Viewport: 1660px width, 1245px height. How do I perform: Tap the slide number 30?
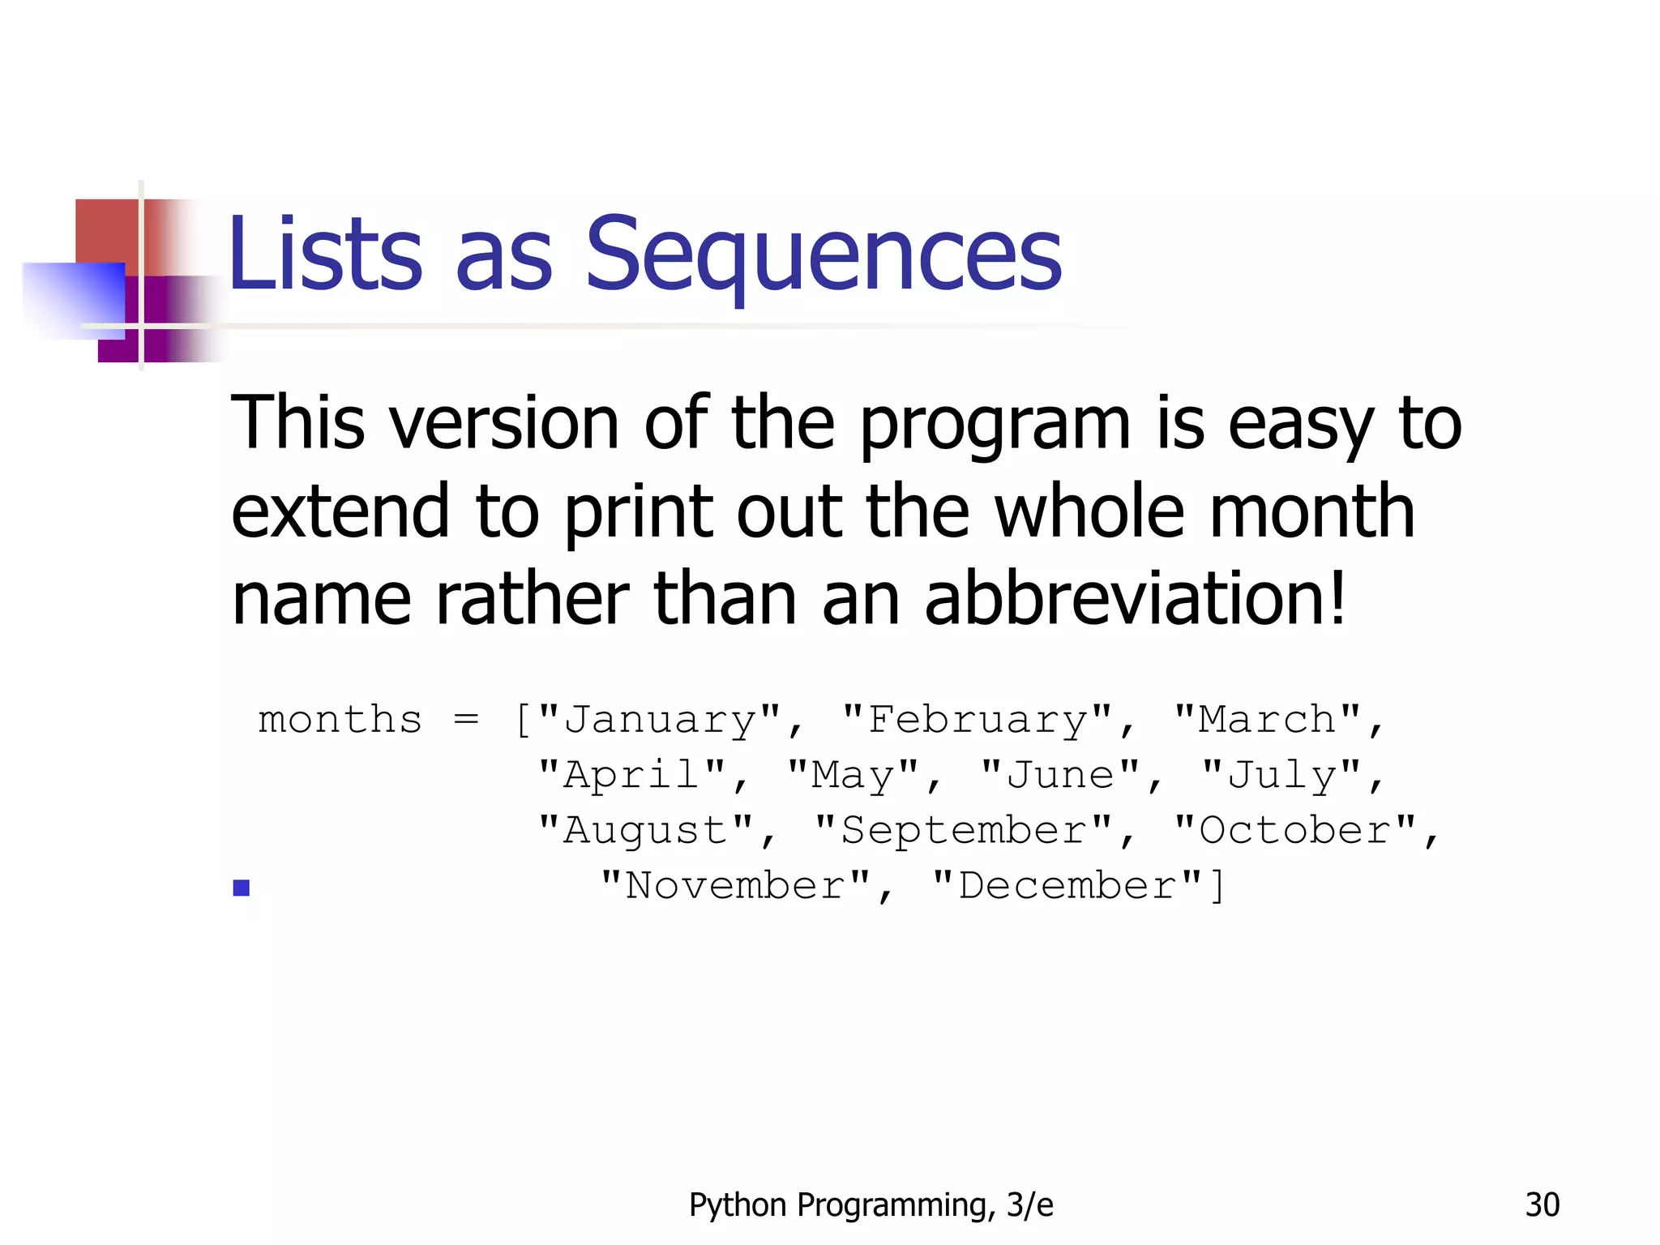pyautogui.click(x=1542, y=1205)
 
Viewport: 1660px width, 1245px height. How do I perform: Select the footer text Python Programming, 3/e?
pyautogui.click(x=871, y=1205)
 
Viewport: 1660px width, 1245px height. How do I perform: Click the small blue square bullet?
pyautogui.click(x=241, y=888)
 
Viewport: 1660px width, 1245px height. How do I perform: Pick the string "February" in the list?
pyautogui.click(x=977, y=720)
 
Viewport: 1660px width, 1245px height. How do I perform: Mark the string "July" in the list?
pyautogui.click(x=1281, y=775)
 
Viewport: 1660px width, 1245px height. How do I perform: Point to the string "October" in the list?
pyautogui.click(x=1294, y=830)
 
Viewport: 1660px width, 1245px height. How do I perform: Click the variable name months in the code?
pyautogui.click(x=340, y=720)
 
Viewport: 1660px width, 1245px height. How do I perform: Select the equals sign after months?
pyautogui.click(x=466, y=720)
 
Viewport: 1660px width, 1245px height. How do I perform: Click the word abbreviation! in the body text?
pyautogui.click(x=1135, y=600)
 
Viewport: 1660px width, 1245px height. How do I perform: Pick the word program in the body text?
pyautogui.click(x=994, y=425)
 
